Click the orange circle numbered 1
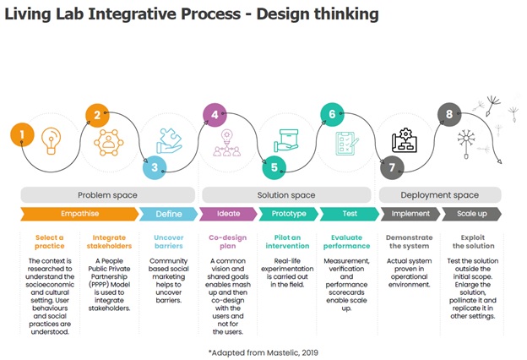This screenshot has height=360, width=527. [22, 134]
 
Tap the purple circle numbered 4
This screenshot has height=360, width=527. [215, 115]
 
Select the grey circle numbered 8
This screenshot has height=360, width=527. [449, 114]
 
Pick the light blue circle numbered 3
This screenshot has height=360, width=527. [155, 167]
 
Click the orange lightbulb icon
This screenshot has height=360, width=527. [51, 141]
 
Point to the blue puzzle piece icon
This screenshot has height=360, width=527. [169, 141]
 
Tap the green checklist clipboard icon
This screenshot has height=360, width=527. [346, 144]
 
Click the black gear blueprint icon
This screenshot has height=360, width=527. [405, 140]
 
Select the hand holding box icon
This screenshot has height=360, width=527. [286, 140]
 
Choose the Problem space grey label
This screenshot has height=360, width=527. [107, 195]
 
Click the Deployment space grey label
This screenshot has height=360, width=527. [440, 195]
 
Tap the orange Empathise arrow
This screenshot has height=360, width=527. [79, 214]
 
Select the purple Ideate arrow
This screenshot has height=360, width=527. [229, 214]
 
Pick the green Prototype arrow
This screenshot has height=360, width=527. [289, 214]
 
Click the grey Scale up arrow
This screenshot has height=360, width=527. [472, 214]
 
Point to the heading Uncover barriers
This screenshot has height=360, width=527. [169, 242]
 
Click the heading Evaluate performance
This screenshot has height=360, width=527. [346, 242]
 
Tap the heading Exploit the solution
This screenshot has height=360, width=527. [473, 242]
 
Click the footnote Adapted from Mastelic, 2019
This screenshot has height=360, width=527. [263, 352]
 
